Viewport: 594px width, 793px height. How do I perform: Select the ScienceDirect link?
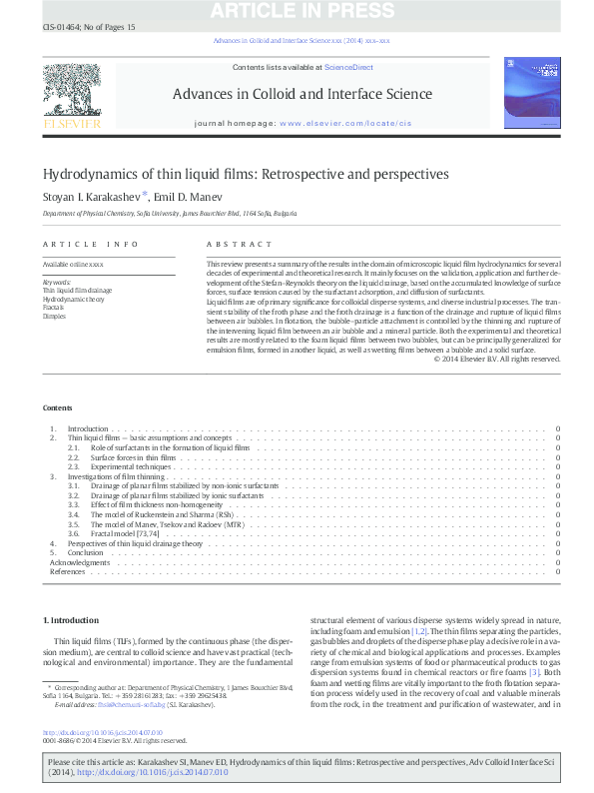(x=348, y=67)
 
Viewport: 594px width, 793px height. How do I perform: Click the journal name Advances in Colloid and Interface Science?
(x=301, y=95)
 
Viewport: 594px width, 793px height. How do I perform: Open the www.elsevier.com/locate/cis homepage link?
(x=345, y=123)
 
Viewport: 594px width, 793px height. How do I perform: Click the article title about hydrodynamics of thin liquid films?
(x=246, y=174)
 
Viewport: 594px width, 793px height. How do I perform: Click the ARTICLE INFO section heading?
(x=91, y=244)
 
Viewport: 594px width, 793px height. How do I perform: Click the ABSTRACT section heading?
(x=239, y=244)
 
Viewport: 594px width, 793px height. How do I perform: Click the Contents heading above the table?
(x=57, y=407)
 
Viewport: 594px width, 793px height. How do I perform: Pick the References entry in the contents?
(x=68, y=571)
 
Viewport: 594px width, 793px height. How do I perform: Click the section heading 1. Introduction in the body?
(x=73, y=620)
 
